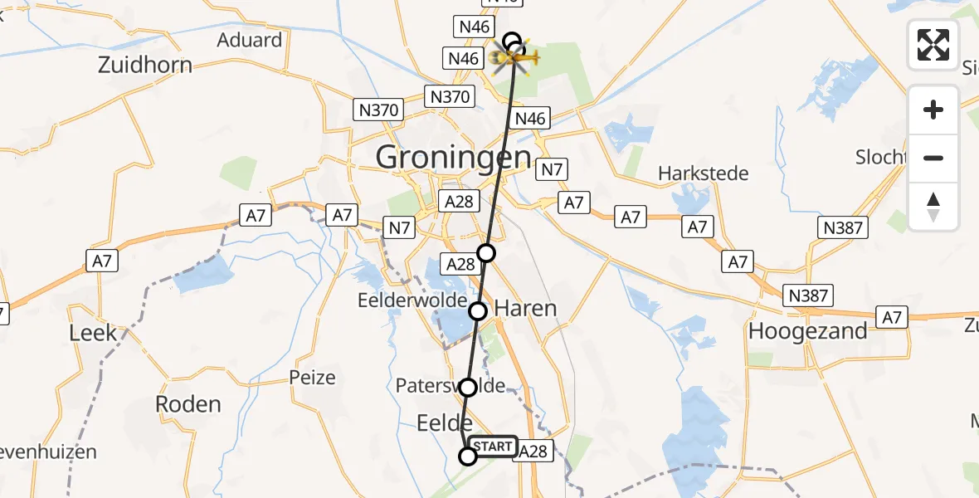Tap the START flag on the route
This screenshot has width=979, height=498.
(493, 447)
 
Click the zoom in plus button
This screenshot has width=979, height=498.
(933, 110)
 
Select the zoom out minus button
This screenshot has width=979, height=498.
(933, 159)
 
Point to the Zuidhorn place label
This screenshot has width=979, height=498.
(145, 65)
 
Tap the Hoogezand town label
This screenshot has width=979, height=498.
(808, 330)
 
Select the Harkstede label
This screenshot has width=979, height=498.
(703, 173)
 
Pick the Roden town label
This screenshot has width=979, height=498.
(189, 404)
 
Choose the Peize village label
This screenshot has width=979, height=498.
(313, 378)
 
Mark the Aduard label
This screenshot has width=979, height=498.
(250, 40)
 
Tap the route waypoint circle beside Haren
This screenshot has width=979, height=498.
(478, 311)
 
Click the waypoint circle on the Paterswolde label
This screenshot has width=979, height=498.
(468, 387)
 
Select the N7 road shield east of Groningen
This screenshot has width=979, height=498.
(551, 170)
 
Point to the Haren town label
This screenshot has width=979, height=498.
(525, 309)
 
